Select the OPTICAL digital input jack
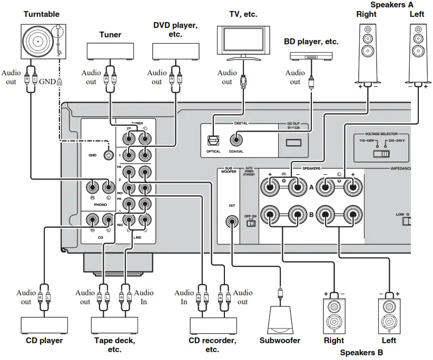pyautogui.click(x=213, y=141)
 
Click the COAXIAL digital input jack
pyautogui.click(x=237, y=140)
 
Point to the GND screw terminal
pyautogui.click(x=109, y=155)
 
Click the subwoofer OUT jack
pyautogui.click(x=231, y=222)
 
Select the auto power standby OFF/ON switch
pyautogui.click(x=251, y=223)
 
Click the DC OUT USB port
pyautogui.click(x=293, y=142)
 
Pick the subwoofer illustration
pyautogui.click(x=279, y=321)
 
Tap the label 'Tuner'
pyautogui.click(x=110, y=35)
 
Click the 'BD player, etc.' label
pyautogui.click(x=310, y=42)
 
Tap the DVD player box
pyautogui.click(x=175, y=52)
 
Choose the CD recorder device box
pyautogui.click(x=212, y=325)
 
